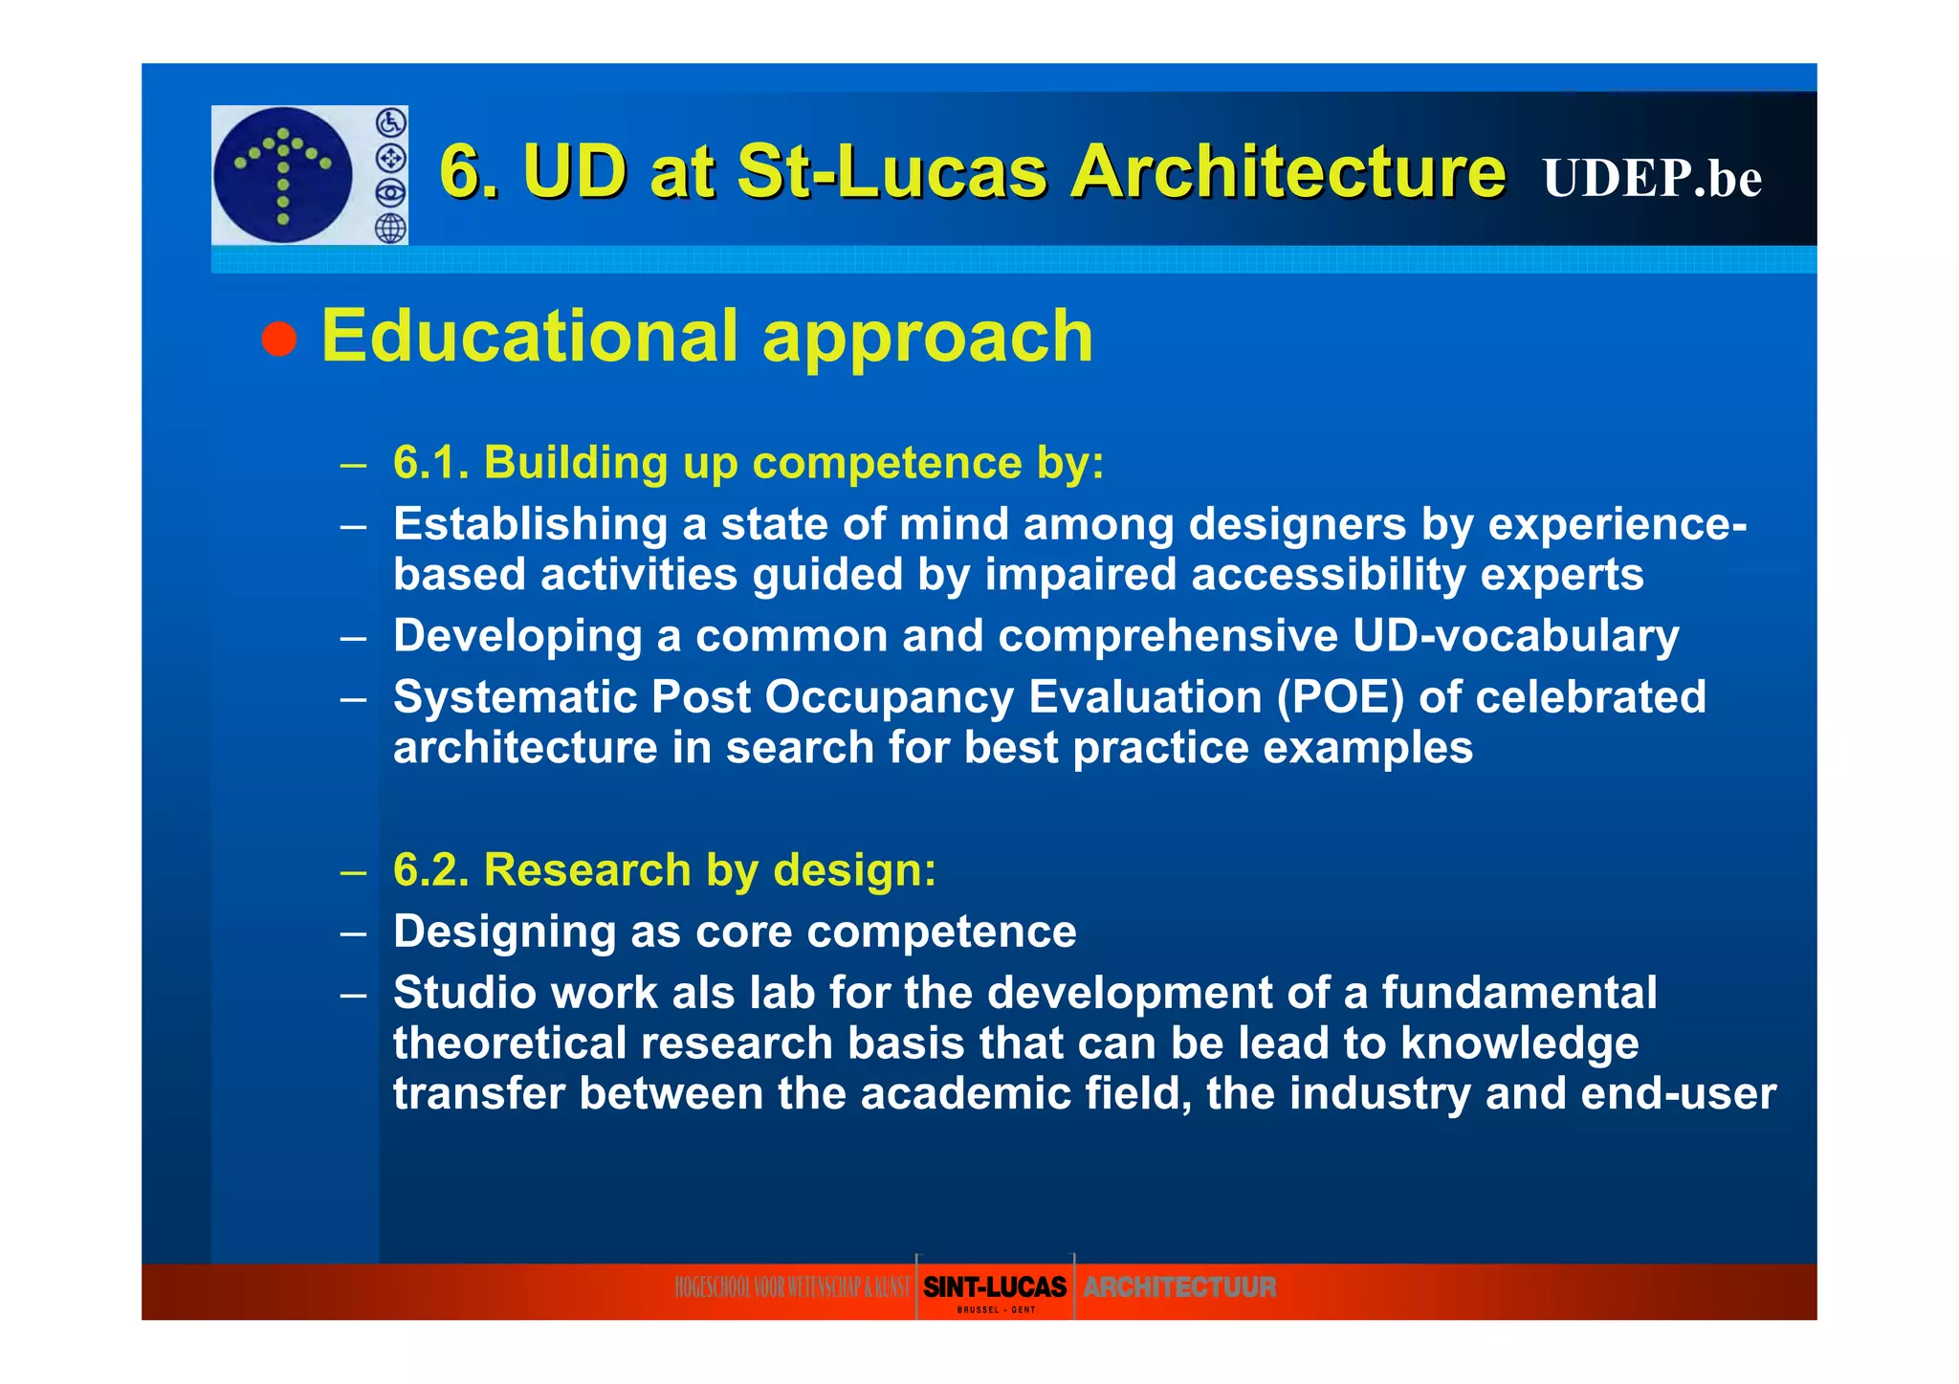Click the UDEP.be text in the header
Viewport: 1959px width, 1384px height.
(x=1651, y=178)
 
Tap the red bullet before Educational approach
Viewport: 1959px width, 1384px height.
(x=279, y=339)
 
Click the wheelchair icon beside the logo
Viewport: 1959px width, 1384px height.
(x=390, y=122)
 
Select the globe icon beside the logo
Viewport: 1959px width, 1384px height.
(x=390, y=228)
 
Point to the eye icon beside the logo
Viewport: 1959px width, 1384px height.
(x=390, y=193)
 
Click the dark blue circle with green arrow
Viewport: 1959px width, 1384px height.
(x=283, y=175)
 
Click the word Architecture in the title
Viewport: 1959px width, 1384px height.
(x=1288, y=172)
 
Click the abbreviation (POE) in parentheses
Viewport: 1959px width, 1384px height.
(x=1340, y=697)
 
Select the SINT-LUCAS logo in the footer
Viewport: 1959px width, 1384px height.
(x=995, y=1288)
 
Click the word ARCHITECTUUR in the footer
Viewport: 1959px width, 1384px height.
(x=1179, y=1287)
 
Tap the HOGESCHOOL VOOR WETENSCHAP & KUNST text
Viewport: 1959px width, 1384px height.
(x=792, y=1288)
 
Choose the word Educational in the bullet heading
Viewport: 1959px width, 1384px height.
(x=529, y=337)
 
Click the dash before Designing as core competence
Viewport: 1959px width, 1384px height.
(x=353, y=933)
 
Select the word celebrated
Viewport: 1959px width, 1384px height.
(x=1591, y=697)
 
